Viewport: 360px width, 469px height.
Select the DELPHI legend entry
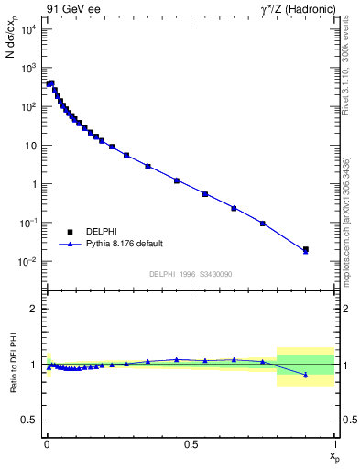pos(102,232)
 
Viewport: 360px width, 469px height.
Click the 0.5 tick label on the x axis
pos(191,442)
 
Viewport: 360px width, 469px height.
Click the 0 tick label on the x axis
pos(47,442)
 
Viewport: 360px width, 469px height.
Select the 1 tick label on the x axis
pos(335,442)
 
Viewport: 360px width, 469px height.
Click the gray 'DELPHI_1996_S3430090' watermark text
pos(190,274)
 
